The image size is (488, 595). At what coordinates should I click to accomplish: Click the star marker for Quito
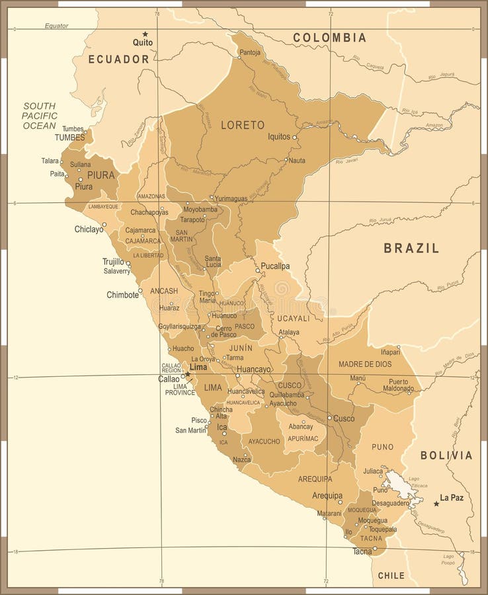145,34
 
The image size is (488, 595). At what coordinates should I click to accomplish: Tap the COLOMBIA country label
329,38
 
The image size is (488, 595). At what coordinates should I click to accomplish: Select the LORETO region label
243,125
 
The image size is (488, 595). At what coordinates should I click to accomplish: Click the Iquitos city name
278,137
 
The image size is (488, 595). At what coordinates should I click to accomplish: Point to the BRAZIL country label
411,249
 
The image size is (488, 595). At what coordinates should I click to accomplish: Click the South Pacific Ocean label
40,116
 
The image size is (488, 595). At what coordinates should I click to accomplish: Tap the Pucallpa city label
275,266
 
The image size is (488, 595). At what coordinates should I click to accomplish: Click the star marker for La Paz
436,504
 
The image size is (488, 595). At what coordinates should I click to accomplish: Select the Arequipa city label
327,495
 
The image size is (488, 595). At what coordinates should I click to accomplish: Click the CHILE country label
391,576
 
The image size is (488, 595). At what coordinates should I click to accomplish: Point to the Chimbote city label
123,295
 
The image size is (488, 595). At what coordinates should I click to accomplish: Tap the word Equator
57,26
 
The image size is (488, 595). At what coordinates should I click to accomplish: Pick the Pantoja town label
250,52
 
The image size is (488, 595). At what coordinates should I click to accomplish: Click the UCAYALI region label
294,318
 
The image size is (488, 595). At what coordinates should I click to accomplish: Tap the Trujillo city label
113,261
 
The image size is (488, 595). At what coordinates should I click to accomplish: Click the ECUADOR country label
119,59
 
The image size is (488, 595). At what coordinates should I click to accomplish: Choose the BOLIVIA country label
447,456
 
